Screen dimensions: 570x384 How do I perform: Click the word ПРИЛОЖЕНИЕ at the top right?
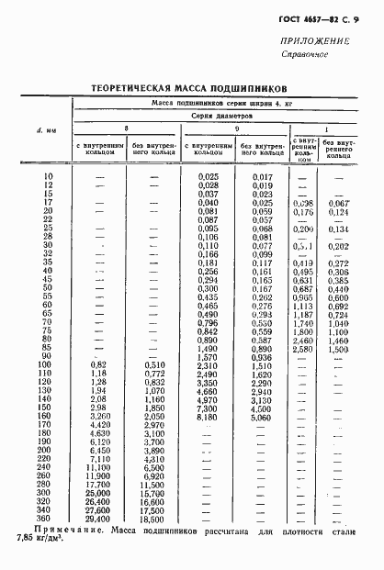tap(321, 41)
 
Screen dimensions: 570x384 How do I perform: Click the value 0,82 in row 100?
tap(100, 364)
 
